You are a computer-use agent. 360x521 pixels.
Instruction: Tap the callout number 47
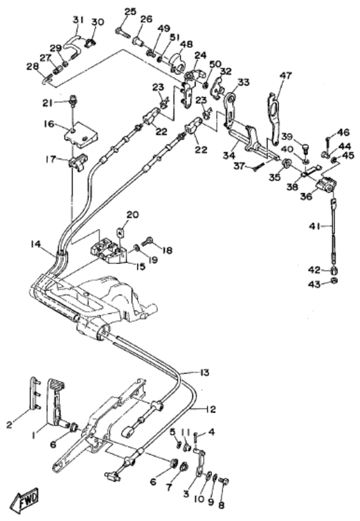click(285, 75)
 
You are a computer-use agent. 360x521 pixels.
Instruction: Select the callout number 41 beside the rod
click(315, 227)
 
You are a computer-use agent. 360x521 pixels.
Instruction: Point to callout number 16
click(48, 123)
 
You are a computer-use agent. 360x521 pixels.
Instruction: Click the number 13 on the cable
click(204, 373)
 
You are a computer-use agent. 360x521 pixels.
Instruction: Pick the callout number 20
click(132, 215)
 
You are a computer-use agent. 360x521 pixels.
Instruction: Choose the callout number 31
click(78, 20)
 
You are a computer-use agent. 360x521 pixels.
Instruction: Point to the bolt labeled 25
click(121, 32)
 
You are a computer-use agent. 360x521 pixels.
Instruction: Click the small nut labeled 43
click(335, 281)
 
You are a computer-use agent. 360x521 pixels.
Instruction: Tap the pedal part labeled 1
click(57, 403)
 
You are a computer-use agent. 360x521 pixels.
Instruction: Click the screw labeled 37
click(258, 166)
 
